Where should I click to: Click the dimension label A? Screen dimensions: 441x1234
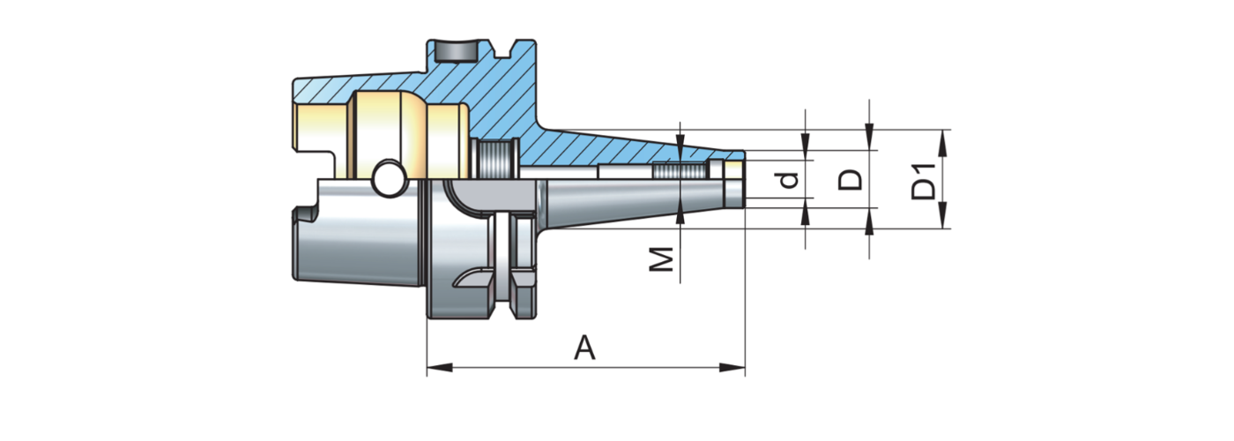tap(585, 348)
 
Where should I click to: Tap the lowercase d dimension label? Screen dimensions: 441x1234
tap(790, 180)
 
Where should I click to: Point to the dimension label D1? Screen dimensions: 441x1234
tap(924, 180)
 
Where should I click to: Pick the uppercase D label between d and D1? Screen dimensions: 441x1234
tap(851, 180)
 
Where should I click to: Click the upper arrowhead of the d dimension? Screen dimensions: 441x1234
tap(805, 140)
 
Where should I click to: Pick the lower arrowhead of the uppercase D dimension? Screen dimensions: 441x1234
tap(869, 220)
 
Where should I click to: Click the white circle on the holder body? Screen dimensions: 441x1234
tap(386, 179)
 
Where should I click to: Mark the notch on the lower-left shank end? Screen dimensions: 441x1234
tap(301, 215)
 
